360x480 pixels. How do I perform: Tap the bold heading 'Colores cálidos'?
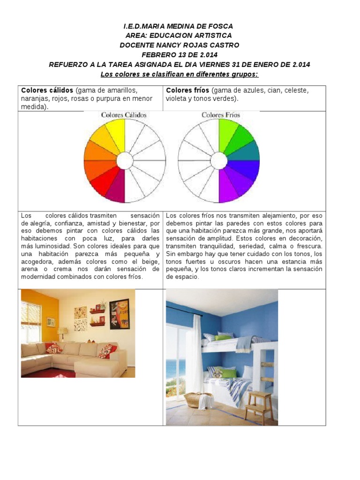(47, 90)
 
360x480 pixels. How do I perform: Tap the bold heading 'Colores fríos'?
(187, 90)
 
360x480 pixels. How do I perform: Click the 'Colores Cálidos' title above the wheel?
(124, 115)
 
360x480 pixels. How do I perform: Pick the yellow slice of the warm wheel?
(115, 133)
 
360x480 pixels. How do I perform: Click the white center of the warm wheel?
(125, 161)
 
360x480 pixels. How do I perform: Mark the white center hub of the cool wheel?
(219, 161)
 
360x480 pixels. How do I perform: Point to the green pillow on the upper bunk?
(223, 337)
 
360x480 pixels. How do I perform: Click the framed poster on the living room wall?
(120, 314)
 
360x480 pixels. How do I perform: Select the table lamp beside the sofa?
(63, 333)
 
